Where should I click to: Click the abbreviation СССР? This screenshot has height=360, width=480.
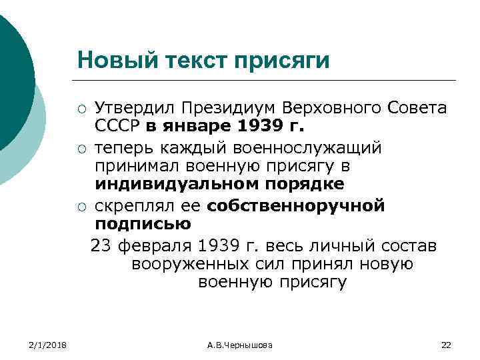point(115,126)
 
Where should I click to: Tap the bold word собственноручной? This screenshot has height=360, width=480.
point(296,205)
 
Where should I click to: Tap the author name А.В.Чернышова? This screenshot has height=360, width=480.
point(240,344)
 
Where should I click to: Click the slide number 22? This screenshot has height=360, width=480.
point(447,344)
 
